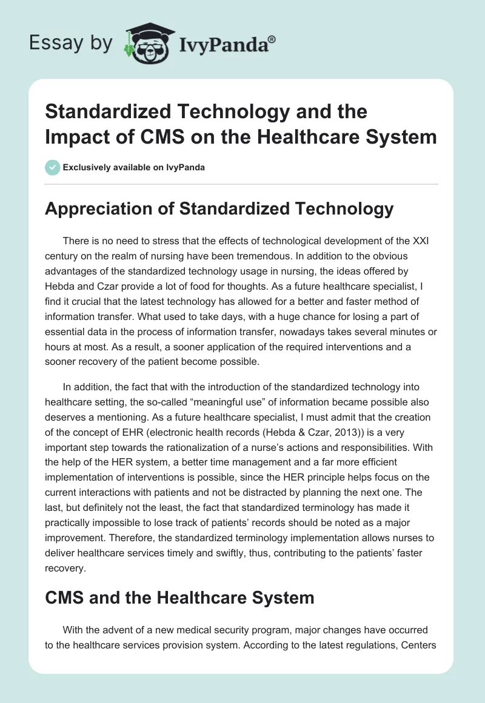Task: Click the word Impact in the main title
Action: click(x=73, y=136)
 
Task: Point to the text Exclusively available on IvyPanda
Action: click(x=133, y=167)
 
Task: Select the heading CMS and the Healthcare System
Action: click(x=179, y=598)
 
